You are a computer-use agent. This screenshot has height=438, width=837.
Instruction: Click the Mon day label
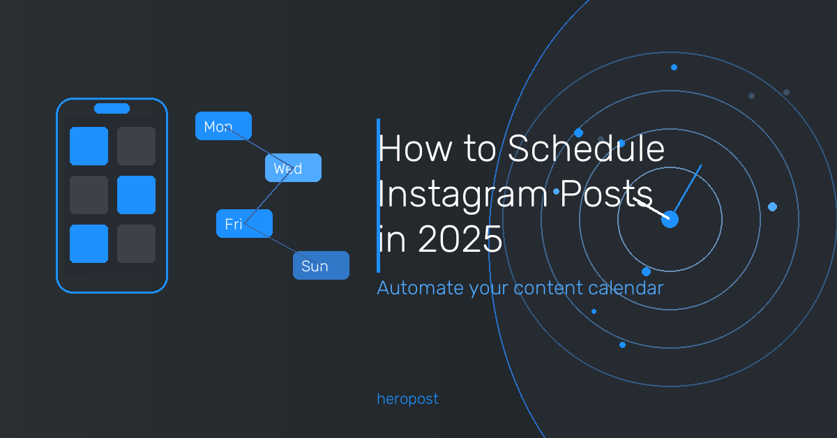coord(223,126)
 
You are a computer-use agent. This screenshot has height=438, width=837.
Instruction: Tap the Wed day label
coord(294,168)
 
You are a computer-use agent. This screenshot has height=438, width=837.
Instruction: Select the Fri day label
coord(244,223)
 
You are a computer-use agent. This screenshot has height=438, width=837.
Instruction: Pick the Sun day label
coord(322,265)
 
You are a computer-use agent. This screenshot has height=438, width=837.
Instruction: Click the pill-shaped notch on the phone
coord(112,108)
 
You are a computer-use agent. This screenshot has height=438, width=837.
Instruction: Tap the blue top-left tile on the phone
coord(89,146)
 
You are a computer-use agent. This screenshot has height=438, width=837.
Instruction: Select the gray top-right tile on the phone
coord(137,146)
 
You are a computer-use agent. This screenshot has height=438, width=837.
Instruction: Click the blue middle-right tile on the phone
coord(137,195)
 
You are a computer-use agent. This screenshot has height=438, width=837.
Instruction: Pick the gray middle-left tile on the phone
coord(89,195)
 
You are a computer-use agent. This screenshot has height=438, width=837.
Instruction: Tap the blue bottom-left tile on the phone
coord(89,243)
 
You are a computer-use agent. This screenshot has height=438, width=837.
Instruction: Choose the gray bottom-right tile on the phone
coord(137,243)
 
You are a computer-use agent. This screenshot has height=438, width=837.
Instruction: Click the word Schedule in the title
coord(586,149)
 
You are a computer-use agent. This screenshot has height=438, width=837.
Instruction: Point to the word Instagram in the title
coord(463,194)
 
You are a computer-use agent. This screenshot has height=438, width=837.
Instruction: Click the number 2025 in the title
coord(460,239)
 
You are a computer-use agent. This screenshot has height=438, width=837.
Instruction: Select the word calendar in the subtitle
coord(626,288)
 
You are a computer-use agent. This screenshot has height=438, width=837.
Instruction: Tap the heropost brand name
coord(407,399)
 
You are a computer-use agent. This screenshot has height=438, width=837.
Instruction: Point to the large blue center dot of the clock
coord(670,220)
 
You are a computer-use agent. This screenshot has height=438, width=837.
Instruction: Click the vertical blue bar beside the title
coord(379,195)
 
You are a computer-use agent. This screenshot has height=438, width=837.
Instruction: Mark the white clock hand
coord(651,209)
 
